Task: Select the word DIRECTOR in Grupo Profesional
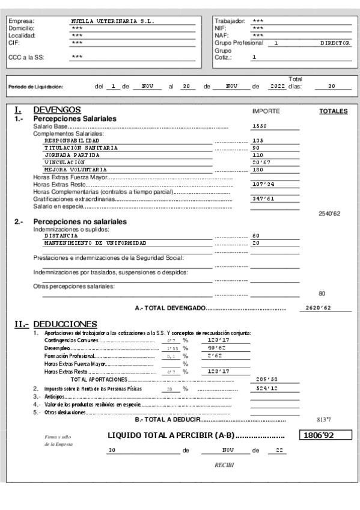335,43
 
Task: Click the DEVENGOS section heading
57,110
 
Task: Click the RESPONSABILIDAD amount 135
258,140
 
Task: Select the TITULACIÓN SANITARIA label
81,148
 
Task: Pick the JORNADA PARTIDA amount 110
258,155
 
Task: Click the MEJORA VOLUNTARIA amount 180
258,170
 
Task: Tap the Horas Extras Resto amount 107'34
263,184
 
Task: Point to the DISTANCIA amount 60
255,236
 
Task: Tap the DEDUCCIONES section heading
65,324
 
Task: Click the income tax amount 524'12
266,389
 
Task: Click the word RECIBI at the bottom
224,465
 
